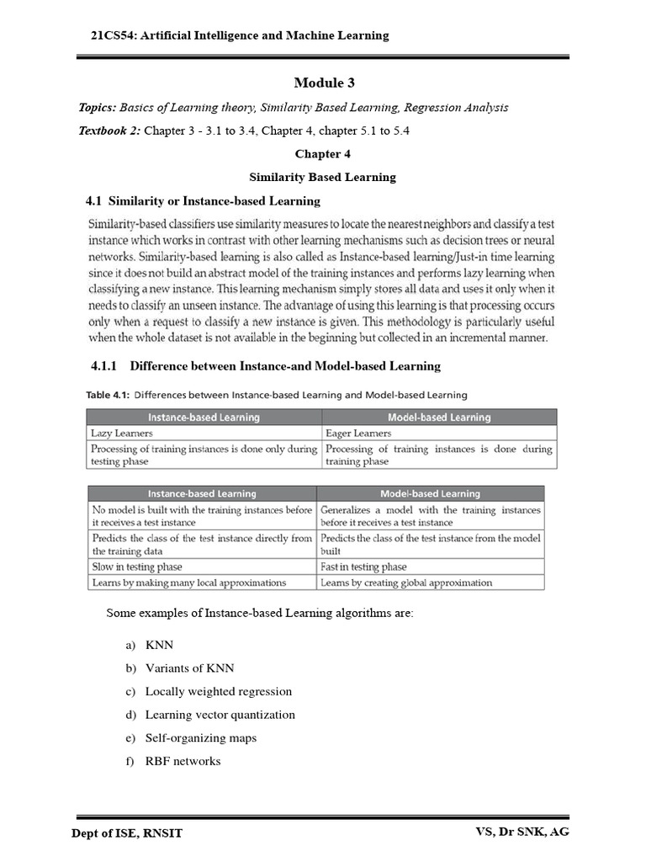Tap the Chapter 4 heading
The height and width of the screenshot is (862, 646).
click(x=322, y=154)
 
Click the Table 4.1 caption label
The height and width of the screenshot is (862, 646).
click(x=108, y=395)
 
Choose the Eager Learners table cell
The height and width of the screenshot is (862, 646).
click(x=357, y=433)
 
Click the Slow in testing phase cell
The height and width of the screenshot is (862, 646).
click(x=137, y=567)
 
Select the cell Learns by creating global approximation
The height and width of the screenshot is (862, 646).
click(x=406, y=583)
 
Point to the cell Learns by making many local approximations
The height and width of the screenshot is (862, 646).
click(x=189, y=583)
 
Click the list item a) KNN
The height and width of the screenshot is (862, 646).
click(x=154, y=645)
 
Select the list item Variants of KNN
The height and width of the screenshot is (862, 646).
click(x=189, y=668)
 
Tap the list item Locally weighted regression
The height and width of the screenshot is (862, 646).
click(x=218, y=691)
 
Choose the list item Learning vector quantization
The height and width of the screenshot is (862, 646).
click(x=220, y=715)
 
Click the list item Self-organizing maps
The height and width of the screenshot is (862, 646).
click(x=200, y=738)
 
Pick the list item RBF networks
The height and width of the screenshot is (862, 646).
click(x=183, y=761)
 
